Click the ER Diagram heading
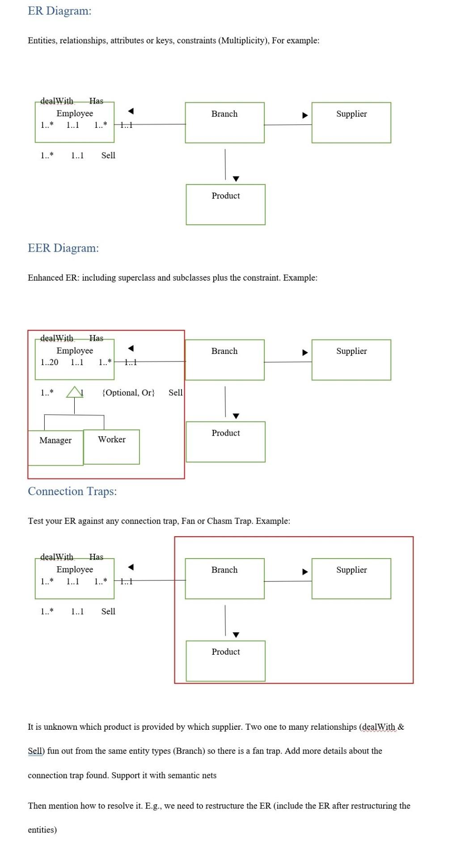[x=59, y=11]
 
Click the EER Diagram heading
[x=63, y=248]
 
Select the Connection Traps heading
[x=72, y=491]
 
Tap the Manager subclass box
[x=55, y=447]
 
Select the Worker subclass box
[x=111, y=446]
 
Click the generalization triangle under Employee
[x=74, y=392]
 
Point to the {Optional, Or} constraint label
[x=128, y=392]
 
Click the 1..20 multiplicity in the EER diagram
[x=49, y=362]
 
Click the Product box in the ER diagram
[x=225, y=204]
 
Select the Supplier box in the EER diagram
[x=351, y=360]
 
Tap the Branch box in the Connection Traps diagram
[x=224, y=578]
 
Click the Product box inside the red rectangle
[x=225, y=660]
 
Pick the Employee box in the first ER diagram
[x=75, y=122]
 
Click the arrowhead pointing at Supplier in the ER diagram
[x=305, y=115]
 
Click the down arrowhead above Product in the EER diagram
[x=236, y=416]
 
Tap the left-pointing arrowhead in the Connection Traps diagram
[x=131, y=567]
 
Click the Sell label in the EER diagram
[x=175, y=392]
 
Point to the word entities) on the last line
[x=42, y=830]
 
